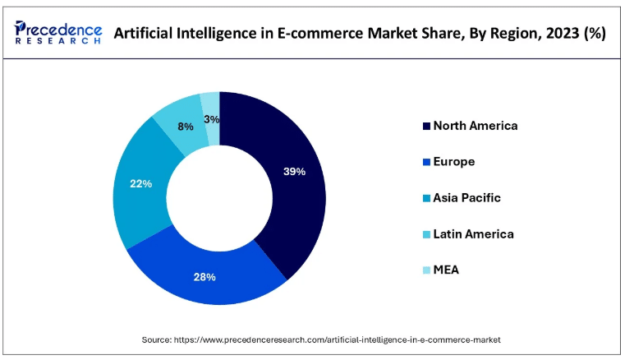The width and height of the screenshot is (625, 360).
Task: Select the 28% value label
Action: click(x=205, y=277)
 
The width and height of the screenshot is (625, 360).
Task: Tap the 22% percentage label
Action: click(x=141, y=184)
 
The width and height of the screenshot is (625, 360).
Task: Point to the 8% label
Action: click(x=186, y=127)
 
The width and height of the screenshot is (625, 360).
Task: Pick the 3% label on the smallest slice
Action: click(x=211, y=119)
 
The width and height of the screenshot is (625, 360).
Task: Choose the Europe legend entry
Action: click(x=454, y=162)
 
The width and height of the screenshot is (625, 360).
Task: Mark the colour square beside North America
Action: click(x=425, y=127)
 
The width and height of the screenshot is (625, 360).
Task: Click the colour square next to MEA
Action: click(x=425, y=271)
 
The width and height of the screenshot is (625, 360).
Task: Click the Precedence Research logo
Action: click(x=57, y=33)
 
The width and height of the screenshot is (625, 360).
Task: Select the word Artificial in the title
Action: click(x=144, y=34)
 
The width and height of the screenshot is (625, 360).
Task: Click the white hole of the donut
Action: click(x=219, y=198)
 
